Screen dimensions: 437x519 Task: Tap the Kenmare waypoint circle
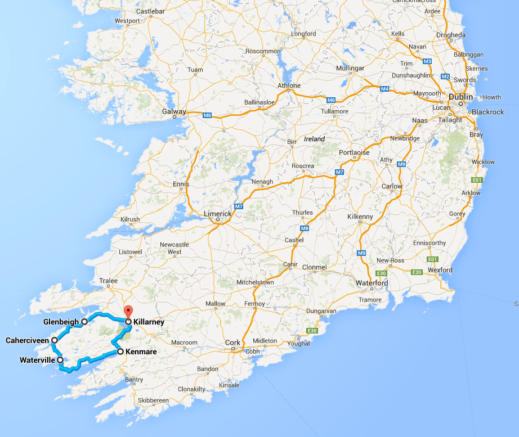click(120, 352)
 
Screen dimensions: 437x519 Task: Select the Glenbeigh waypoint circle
click(84, 322)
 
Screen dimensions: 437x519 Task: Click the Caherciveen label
click(28, 340)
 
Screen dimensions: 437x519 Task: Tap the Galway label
click(173, 111)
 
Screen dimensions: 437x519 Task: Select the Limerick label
click(217, 214)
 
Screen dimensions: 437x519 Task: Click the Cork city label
click(232, 343)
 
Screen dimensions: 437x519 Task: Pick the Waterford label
click(372, 283)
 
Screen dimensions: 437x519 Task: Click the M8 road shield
click(305, 228)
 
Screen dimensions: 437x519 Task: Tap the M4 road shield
click(384, 89)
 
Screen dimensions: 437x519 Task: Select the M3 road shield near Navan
click(427, 61)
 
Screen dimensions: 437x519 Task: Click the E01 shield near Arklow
click(476, 180)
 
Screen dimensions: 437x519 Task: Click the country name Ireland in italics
click(315, 139)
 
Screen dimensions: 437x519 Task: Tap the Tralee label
click(108, 281)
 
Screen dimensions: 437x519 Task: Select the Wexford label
click(440, 270)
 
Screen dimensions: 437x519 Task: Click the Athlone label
click(289, 85)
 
